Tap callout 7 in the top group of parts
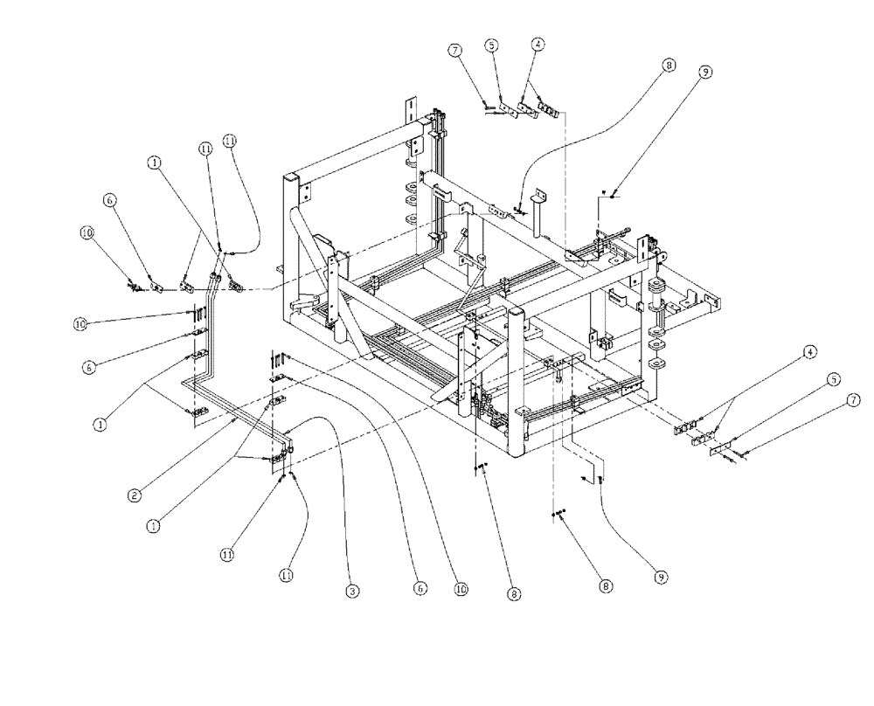pyautogui.click(x=455, y=51)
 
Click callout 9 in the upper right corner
pyautogui.click(x=704, y=74)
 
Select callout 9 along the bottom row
pyautogui.click(x=660, y=578)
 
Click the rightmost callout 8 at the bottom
pyautogui.click(x=606, y=587)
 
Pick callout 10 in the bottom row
pyautogui.click(x=461, y=591)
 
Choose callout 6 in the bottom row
pyautogui.click(x=420, y=591)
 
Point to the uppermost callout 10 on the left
pyautogui.click(x=87, y=232)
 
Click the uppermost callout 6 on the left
pyautogui.click(x=110, y=200)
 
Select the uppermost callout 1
pyautogui.click(x=154, y=163)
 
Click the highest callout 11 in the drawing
pyautogui.click(x=229, y=140)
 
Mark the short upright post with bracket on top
pyautogui.click(x=540, y=213)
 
